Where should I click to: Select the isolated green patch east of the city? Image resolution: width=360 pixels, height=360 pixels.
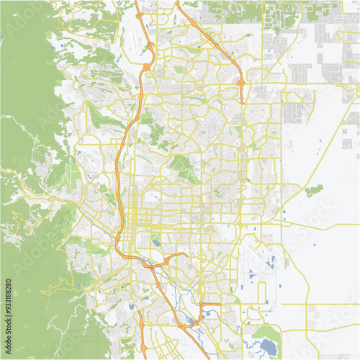pyautogui.click(x=313, y=191)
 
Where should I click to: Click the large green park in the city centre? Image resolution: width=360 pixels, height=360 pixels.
pyautogui.click(x=183, y=168)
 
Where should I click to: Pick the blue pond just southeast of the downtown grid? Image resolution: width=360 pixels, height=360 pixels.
pyautogui.click(x=156, y=243)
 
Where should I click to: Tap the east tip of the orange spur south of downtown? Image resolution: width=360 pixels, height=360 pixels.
pyautogui.click(x=188, y=253)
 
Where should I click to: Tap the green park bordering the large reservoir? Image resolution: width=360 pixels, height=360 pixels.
pyautogui.click(x=269, y=333)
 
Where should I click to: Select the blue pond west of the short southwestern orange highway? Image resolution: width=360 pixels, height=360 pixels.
pyautogui.click(x=130, y=306)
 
